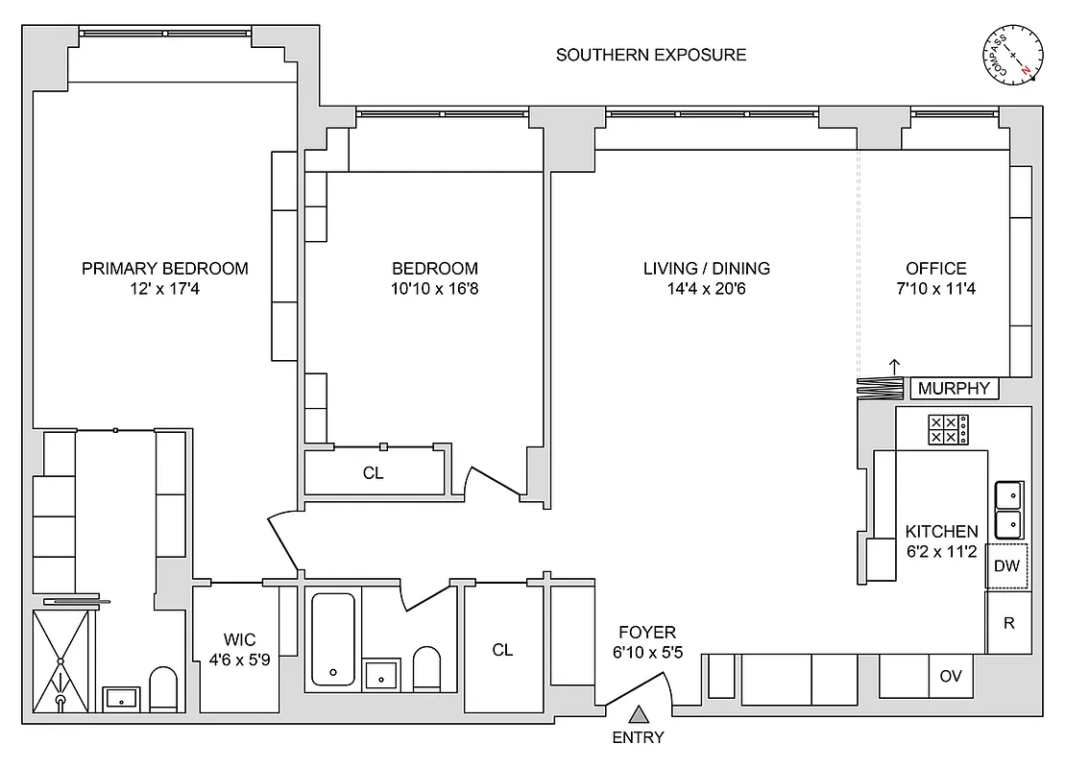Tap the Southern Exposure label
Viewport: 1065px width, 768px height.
651,55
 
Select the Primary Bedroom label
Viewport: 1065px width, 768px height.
164,269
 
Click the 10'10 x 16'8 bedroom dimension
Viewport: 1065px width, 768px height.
434,288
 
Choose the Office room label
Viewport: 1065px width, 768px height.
935,269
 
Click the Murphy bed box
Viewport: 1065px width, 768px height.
954,389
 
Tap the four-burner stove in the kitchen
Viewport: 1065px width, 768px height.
947,429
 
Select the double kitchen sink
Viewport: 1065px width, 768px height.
1008,510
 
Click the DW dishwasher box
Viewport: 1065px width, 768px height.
1006,566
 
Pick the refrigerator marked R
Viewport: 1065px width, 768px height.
1008,622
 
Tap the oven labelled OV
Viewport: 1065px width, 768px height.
950,676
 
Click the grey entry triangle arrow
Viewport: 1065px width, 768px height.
639,714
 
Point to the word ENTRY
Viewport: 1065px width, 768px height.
638,738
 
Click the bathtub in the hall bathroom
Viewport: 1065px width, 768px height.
332,638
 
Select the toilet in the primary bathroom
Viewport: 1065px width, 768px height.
163,688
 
